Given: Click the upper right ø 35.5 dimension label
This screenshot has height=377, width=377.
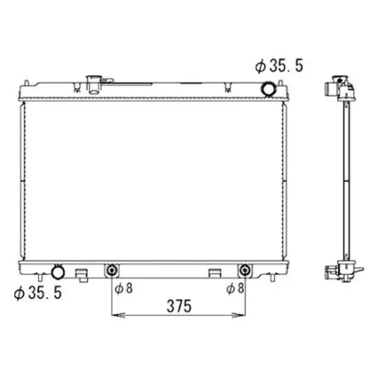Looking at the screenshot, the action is (279, 67).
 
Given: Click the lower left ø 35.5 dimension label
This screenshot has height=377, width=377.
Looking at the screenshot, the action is (38, 293).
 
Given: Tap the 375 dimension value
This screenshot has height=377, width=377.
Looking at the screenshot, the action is (179, 306).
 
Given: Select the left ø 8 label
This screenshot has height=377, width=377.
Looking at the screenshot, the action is (123, 288).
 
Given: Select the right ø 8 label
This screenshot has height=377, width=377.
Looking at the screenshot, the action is (235, 288).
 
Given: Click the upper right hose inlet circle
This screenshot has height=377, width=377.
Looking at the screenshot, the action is (269, 89).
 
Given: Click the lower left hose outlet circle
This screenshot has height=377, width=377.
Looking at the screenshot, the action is (58, 272).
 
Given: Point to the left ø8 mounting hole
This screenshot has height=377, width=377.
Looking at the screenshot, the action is (112, 270).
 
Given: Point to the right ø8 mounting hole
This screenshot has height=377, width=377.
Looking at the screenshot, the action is (244, 270).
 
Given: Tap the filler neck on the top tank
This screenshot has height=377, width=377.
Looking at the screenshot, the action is (94, 84).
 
